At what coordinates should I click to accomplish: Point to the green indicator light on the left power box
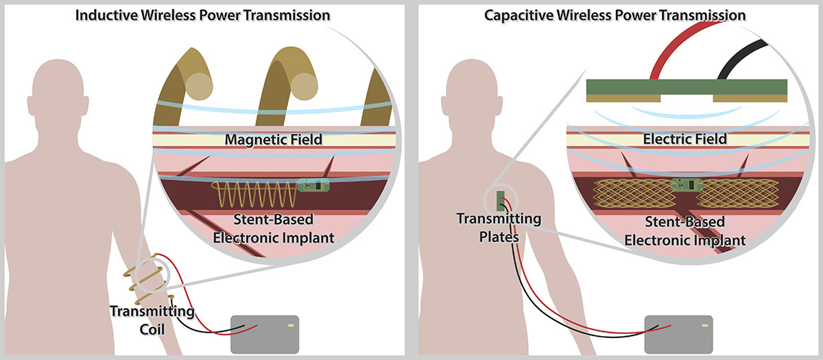click(x=292, y=324)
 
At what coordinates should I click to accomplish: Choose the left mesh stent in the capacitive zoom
click(x=630, y=193)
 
